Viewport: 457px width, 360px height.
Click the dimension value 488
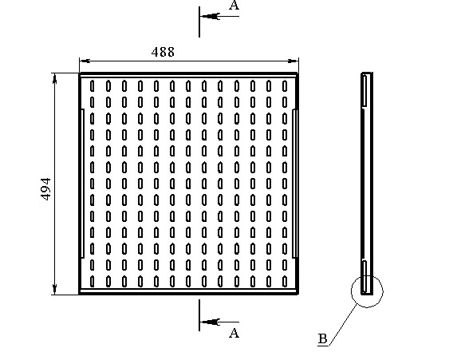pos(163,52)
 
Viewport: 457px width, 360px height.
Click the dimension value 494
pos(45,189)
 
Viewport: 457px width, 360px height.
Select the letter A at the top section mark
pos(234,6)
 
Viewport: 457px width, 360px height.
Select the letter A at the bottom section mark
pos(234,333)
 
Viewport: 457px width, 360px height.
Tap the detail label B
pos(323,338)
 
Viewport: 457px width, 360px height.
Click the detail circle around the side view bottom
pos(352,291)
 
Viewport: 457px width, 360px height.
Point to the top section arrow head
pos(210,16)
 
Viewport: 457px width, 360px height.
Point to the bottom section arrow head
pos(210,322)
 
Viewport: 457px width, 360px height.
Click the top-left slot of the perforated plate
pos(93,85)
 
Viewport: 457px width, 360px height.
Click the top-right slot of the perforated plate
pos(285,85)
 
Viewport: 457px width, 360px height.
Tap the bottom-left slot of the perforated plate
pos(93,281)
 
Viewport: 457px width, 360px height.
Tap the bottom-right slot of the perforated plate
pos(285,281)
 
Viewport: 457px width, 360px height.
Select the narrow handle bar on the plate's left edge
pos(82,184)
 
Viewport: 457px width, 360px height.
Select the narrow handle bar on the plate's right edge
pos(294,184)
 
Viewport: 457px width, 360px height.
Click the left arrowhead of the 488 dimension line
pos(85,61)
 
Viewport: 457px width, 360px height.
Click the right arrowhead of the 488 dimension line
pos(294,61)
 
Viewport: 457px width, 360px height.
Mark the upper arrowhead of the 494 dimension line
pos(54,78)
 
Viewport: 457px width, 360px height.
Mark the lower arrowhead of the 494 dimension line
pos(54,289)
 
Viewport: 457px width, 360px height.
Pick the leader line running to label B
pos(343,325)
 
